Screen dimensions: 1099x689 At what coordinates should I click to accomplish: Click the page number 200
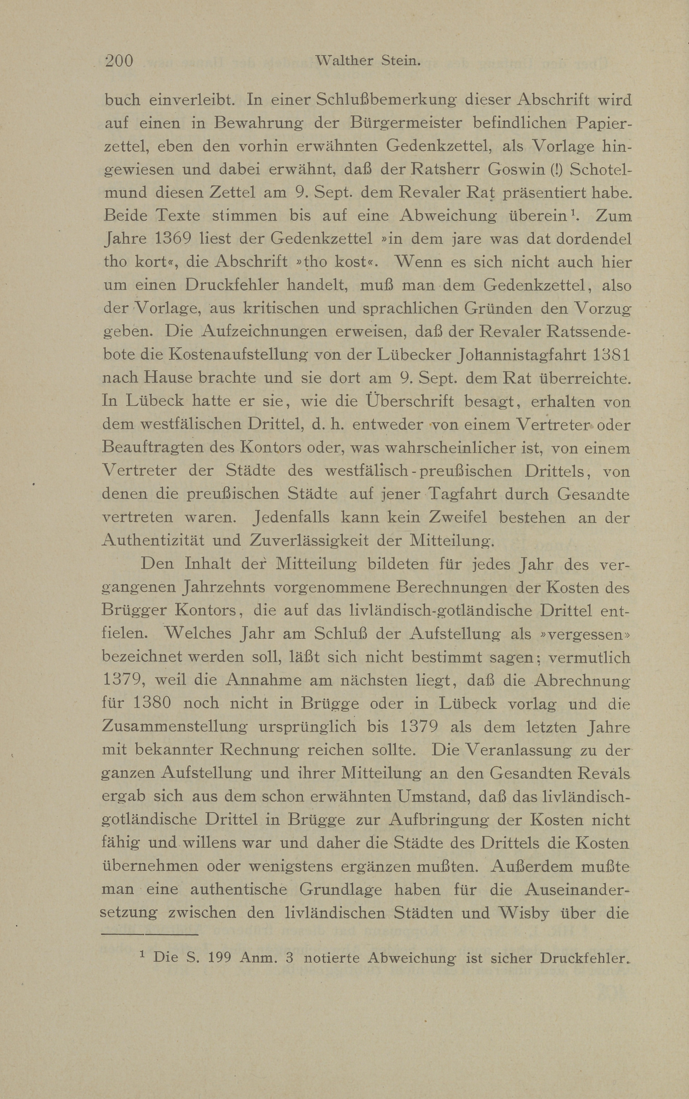119,61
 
